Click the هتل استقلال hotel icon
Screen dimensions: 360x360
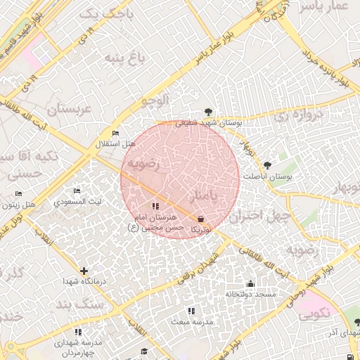(x=116, y=134)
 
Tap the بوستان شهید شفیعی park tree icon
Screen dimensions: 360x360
(x=208, y=111)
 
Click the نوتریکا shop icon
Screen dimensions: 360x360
(x=201, y=219)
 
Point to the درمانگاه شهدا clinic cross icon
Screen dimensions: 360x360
(x=84, y=271)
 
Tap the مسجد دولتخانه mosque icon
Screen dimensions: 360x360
(x=250, y=283)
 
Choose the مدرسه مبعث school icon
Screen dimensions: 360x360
(x=191, y=310)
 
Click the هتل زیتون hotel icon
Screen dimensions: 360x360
(x=18, y=193)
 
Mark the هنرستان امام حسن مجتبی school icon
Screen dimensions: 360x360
(x=155, y=206)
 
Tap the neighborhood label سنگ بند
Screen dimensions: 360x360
(x=80, y=304)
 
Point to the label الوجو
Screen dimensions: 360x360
(x=155, y=101)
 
